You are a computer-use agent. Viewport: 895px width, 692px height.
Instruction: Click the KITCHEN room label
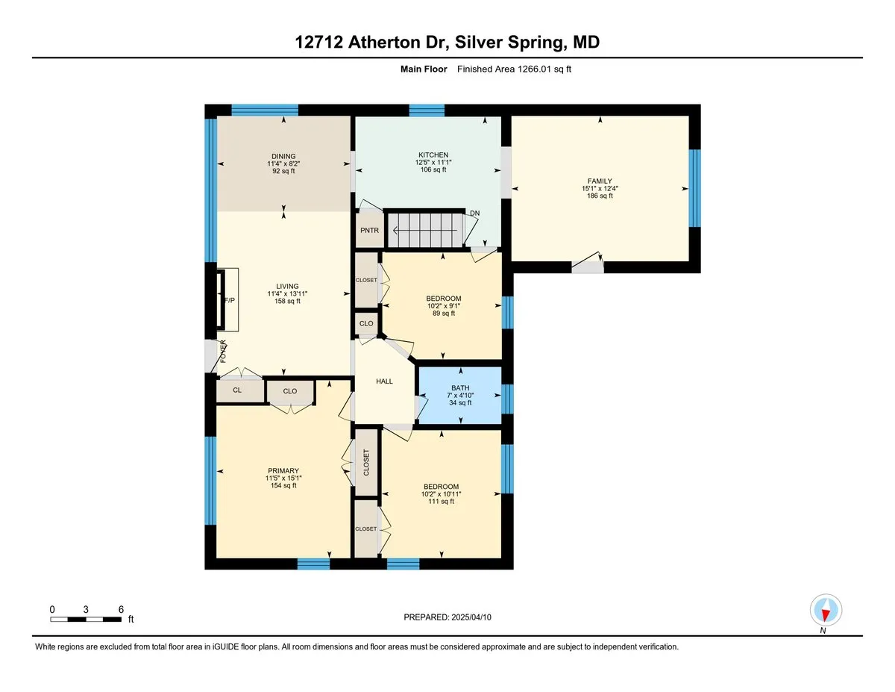tap(433, 155)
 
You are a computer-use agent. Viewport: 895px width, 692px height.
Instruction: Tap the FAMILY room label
tap(600, 181)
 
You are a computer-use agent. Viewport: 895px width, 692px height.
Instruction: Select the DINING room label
tap(283, 156)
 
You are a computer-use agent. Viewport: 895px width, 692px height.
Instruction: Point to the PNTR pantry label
tap(369, 231)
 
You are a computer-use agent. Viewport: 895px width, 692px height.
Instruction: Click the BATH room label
tap(460, 388)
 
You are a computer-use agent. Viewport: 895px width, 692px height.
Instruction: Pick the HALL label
tap(384, 381)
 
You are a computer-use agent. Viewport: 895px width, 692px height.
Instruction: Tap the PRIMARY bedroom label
tap(283, 471)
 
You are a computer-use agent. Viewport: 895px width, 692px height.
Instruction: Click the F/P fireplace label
tap(230, 300)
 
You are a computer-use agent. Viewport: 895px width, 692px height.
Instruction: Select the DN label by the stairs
tap(475, 213)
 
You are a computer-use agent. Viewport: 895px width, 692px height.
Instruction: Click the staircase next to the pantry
tap(427, 231)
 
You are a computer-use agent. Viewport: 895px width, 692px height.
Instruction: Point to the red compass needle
tap(825, 615)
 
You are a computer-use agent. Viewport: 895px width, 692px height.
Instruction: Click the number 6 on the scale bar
tap(121, 610)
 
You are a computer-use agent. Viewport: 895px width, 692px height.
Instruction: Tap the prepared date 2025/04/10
tap(471, 617)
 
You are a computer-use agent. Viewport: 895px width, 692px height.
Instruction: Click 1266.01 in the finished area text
tap(534, 69)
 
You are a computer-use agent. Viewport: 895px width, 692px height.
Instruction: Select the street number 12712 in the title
tap(319, 42)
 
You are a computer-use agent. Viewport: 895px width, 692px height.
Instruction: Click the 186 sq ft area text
tap(600, 196)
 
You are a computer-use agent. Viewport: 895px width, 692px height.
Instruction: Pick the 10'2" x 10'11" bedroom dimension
tap(441, 494)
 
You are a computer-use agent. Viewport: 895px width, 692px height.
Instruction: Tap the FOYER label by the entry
tap(223, 351)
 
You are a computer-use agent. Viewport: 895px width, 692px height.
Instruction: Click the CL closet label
tap(237, 390)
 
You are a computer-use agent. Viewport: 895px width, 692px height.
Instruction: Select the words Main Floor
tap(424, 69)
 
